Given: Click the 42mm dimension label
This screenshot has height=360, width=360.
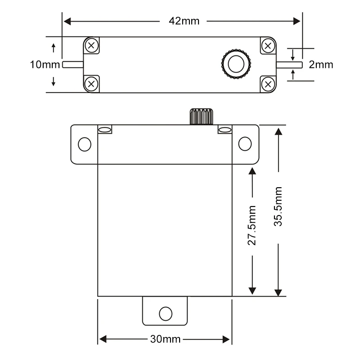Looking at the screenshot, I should (184, 21).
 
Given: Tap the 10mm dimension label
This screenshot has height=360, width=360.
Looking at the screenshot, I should (45, 64).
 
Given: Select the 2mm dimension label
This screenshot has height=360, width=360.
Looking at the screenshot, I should (321, 65).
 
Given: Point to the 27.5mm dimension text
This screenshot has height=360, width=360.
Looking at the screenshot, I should (252, 225).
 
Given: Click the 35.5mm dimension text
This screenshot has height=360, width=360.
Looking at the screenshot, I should (279, 206).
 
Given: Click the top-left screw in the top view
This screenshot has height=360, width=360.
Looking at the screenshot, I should (92, 45).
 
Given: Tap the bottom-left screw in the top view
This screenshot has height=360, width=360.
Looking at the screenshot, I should (92, 83).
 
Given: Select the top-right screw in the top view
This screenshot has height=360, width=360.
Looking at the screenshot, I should (268, 45).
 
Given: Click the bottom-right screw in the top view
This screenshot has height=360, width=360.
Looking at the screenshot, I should (268, 83).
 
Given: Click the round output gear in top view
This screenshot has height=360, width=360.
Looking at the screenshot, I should (236, 64).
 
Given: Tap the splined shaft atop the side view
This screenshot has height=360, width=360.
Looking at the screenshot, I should (201, 117).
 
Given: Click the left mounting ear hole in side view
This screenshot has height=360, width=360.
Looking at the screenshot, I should (84, 144).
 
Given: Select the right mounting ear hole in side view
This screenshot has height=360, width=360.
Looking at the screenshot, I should (245, 144).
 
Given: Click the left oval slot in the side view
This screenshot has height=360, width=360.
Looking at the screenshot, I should (105, 130).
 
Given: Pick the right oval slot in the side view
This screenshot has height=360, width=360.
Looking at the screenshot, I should (225, 130).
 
